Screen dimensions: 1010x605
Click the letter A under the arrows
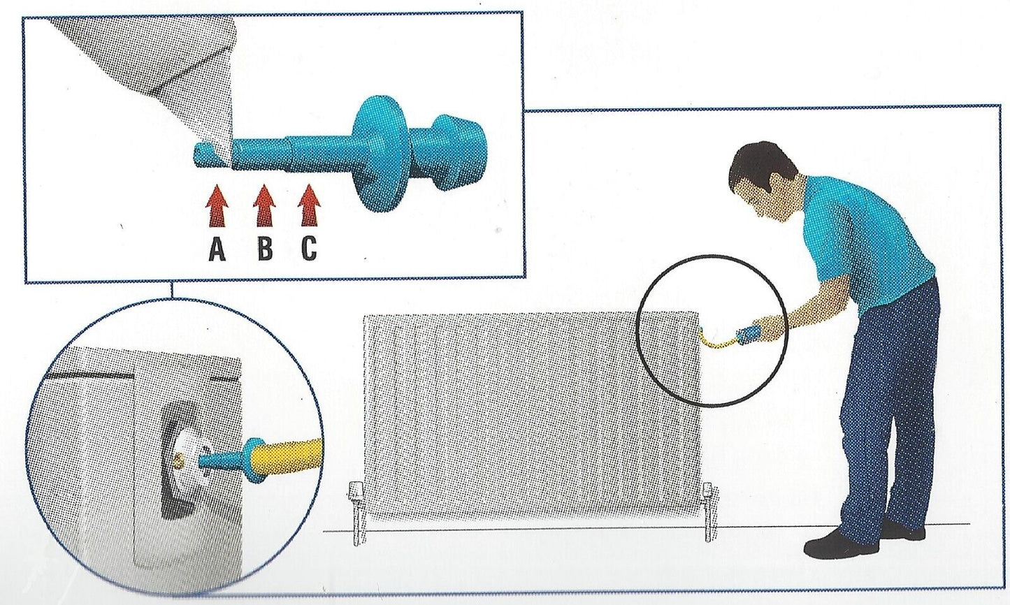click(x=217, y=249)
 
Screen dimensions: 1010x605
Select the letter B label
click(x=265, y=249)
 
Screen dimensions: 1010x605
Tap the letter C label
click(x=309, y=249)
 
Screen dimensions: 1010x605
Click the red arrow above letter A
click(x=217, y=205)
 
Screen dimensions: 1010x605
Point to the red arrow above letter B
click(x=264, y=205)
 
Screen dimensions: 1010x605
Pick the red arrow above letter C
click(x=309, y=205)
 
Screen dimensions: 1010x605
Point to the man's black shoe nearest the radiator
click(x=841, y=545)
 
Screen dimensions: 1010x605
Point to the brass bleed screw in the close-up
click(x=178, y=460)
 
